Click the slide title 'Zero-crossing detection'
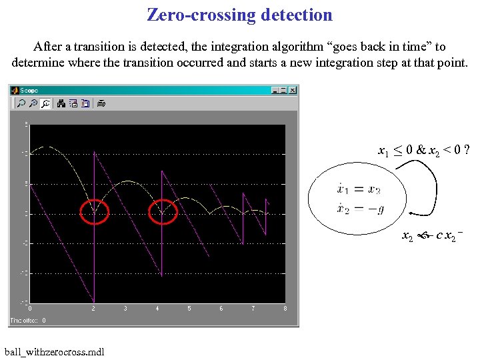(x=239, y=15)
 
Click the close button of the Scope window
(x=293, y=90)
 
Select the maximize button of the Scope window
(x=283, y=90)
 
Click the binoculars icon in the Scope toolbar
(x=61, y=103)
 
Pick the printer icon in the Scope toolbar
(x=101, y=103)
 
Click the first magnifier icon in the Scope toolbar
(x=21, y=103)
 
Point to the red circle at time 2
(x=94, y=213)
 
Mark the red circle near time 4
(x=162, y=213)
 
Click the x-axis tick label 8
(x=285, y=309)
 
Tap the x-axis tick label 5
(x=189, y=309)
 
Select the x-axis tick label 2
(x=94, y=309)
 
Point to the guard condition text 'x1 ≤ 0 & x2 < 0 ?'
(x=423, y=151)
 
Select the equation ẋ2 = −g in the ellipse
(x=361, y=210)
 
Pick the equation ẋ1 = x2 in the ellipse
(x=359, y=190)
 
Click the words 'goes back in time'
(x=385, y=47)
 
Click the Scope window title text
(x=29, y=90)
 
